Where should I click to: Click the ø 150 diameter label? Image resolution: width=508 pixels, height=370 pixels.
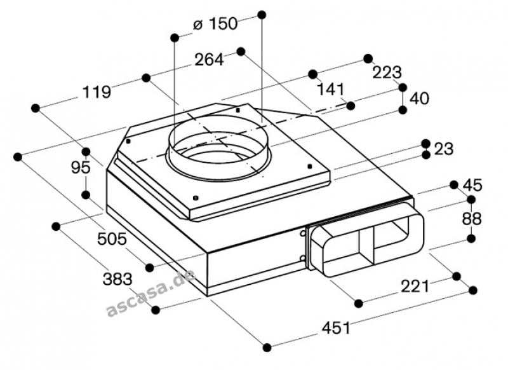click(215, 24)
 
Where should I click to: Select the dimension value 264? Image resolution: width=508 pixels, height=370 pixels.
click(209, 60)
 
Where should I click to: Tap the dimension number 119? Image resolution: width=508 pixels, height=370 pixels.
click(97, 92)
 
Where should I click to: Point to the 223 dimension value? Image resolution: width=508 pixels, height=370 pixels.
click(387, 72)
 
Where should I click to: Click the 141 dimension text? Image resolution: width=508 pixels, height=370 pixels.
click(330, 89)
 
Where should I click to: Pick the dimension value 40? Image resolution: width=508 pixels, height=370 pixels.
click(419, 99)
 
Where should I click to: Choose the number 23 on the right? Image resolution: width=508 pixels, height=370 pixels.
click(443, 149)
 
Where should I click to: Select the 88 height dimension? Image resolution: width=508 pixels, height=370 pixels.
click(472, 219)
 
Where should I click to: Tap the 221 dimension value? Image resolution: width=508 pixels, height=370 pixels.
click(415, 286)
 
